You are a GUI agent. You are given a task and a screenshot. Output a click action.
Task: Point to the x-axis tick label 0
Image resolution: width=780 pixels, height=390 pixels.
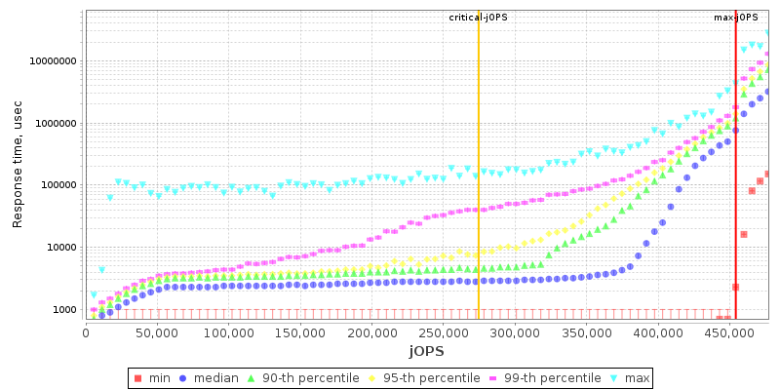pos(86,332)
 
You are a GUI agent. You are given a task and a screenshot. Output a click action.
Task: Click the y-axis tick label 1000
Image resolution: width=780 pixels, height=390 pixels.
pos(63,310)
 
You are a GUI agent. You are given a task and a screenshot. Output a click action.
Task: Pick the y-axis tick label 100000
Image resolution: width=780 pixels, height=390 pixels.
pos(57,185)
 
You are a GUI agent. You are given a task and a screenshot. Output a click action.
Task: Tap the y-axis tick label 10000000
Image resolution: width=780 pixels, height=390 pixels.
pos(51,61)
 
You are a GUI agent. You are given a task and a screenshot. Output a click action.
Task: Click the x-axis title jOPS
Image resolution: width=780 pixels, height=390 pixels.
pos(426,350)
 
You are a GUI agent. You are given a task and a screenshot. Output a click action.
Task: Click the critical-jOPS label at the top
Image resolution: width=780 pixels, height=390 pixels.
pos(478,18)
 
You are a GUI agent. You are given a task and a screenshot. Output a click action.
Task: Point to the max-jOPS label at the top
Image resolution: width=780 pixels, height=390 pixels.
pos(736,18)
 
